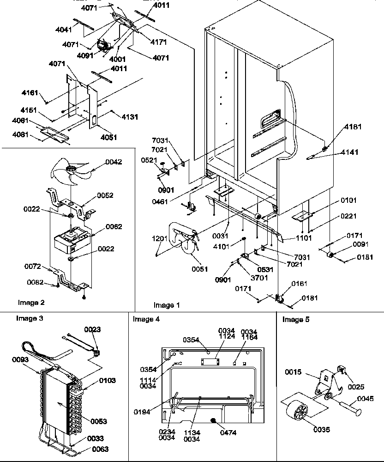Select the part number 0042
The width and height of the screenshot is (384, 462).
pyautogui.click(x=114, y=162)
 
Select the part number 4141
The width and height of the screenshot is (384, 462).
pyautogui.click(x=349, y=152)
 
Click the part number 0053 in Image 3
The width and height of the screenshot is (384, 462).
pyautogui.click(x=99, y=421)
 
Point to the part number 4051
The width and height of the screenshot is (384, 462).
pyautogui.click(x=108, y=137)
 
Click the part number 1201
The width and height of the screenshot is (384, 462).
pyautogui.click(x=160, y=238)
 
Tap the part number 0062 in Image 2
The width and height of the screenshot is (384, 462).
pyautogui.click(x=114, y=226)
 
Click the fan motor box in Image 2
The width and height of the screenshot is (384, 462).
pyautogui.click(x=72, y=240)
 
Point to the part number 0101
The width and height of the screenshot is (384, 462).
pyautogui.click(x=349, y=201)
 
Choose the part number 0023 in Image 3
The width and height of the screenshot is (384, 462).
pyautogui.click(x=92, y=329)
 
